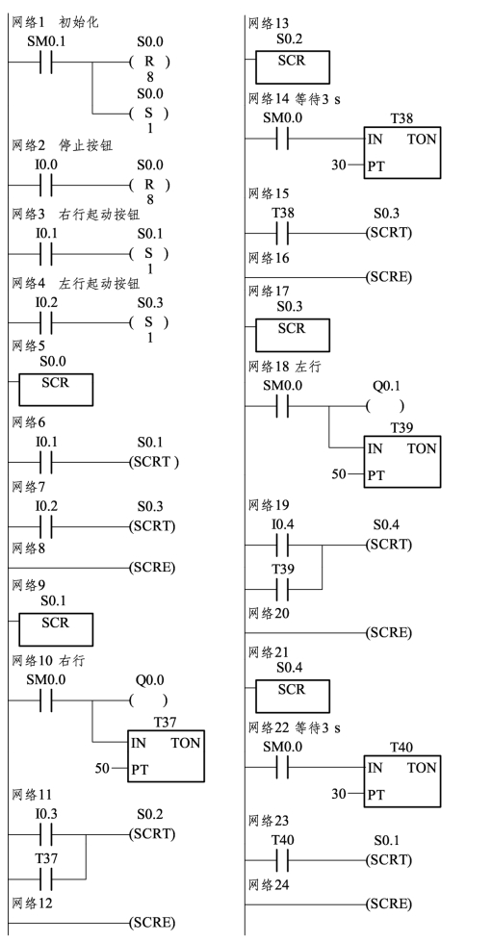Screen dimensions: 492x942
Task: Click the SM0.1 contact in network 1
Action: tap(46, 62)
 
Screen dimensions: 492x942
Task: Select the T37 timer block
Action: tap(166, 755)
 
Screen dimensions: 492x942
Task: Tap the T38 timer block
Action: tap(401, 153)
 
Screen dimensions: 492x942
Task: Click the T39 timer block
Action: tap(401, 462)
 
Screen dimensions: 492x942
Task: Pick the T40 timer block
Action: tap(401, 781)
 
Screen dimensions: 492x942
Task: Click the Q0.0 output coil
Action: tap(148, 700)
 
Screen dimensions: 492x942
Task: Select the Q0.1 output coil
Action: tap(385, 406)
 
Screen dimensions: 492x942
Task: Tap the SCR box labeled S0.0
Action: tap(56, 390)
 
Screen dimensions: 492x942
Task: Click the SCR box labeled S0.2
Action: tap(293, 67)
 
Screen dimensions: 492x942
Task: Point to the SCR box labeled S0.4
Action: tap(293, 696)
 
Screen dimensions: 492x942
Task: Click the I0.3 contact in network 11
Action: tap(46, 834)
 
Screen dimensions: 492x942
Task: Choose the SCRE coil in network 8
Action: tap(152, 567)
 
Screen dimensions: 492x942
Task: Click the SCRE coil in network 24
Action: tap(389, 904)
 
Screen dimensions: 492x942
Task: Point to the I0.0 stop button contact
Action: tap(46, 185)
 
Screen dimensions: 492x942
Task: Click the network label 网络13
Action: tap(269, 23)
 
